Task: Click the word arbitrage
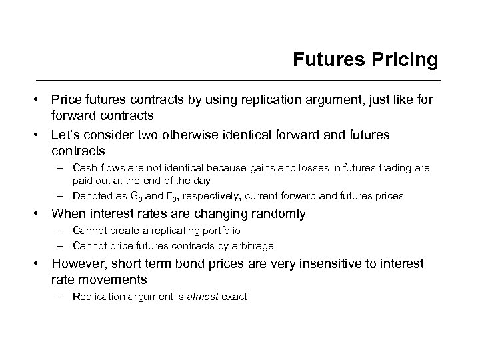point(249,245)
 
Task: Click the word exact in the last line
point(235,296)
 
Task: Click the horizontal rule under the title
point(240,81)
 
